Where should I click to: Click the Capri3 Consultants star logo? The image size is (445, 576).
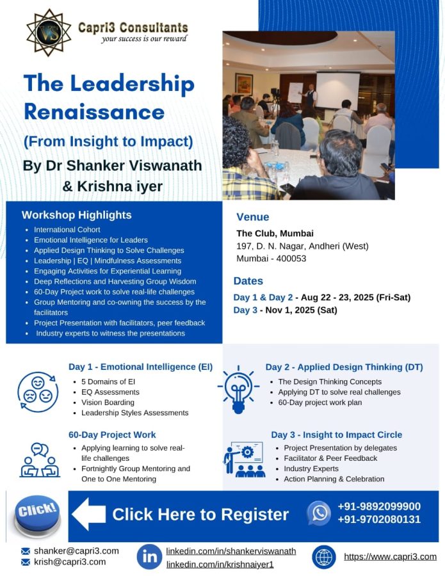point(49,33)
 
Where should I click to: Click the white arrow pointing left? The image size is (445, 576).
point(88,514)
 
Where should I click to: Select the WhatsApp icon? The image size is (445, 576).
point(319,513)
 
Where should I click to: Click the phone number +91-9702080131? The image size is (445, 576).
point(379,520)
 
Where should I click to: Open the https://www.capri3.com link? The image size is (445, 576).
point(390,557)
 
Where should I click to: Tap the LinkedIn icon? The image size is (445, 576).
point(149,557)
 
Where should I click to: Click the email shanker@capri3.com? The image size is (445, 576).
point(76,551)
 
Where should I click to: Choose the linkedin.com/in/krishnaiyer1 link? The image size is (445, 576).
point(220,564)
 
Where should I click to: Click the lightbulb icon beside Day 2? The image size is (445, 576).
point(238,389)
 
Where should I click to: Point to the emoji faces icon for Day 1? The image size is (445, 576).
point(38,392)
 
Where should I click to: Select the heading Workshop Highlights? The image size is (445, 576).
point(76,215)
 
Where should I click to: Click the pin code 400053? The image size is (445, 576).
point(291,259)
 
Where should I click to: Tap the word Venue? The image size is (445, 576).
point(253,217)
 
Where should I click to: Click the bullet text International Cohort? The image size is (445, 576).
point(67,230)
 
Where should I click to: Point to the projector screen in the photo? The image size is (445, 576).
point(337,90)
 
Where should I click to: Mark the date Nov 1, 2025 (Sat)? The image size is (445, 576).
point(302,310)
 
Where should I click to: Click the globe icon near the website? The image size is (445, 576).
point(324,557)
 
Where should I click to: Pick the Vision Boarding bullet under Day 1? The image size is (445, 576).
point(108,403)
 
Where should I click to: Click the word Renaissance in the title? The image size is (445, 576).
point(94,111)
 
